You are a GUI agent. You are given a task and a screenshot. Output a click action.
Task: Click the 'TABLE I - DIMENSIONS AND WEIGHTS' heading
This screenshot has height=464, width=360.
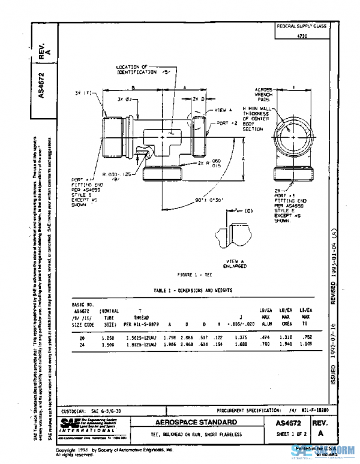point(193,290)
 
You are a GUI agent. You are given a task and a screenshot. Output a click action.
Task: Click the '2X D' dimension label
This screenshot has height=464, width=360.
point(199,98)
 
